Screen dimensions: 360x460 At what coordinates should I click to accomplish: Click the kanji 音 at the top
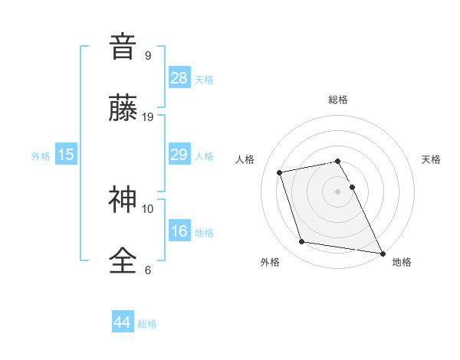pyautogui.click(x=123, y=47)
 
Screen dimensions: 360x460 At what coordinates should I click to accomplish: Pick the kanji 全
pyautogui.click(x=123, y=261)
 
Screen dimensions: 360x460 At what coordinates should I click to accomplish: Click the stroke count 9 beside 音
pyautogui.click(x=148, y=55)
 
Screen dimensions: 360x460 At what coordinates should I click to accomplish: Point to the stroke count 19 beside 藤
pyautogui.click(x=149, y=116)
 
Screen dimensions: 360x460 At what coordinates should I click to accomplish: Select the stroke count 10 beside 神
pyautogui.click(x=148, y=208)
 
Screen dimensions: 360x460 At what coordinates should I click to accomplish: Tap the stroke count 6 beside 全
pyautogui.click(x=148, y=270)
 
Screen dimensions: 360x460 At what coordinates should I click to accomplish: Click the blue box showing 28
pyautogui.click(x=179, y=78)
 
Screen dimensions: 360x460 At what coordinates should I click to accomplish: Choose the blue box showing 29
pyautogui.click(x=179, y=155)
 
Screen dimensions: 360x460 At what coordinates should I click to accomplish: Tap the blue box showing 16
pyautogui.click(x=179, y=231)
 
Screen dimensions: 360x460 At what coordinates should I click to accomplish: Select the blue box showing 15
pyautogui.click(x=66, y=155)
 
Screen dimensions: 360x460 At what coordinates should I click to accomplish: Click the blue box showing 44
pyautogui.click(x=123, y=322)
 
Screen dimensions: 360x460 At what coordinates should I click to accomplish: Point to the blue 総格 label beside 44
pyautogui.click(x=147, y=324)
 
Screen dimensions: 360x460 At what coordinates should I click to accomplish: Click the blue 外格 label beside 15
pyautogui.click(x=41, y=156)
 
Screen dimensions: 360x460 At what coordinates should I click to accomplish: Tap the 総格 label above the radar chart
pyautogui.click(x=338, y=100)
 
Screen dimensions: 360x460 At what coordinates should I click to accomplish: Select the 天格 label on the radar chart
pyautogui.click(x=432, y=159)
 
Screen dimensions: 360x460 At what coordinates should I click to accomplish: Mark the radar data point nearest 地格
pyautogui.click(x=382, y=252)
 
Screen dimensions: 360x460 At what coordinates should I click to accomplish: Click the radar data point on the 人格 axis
pyautogui.click(x=280, y=172)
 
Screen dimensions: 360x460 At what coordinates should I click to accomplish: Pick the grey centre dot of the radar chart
pyautogui.click(x=338, y=191)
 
